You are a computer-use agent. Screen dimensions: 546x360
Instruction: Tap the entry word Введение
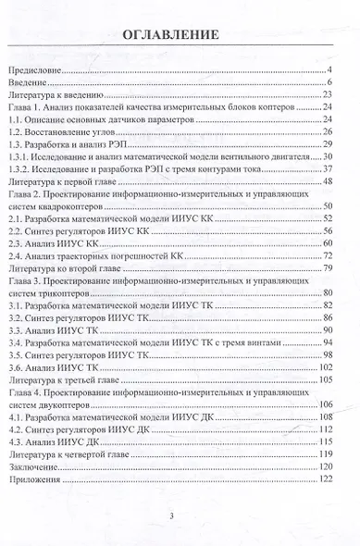(29, 84)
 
